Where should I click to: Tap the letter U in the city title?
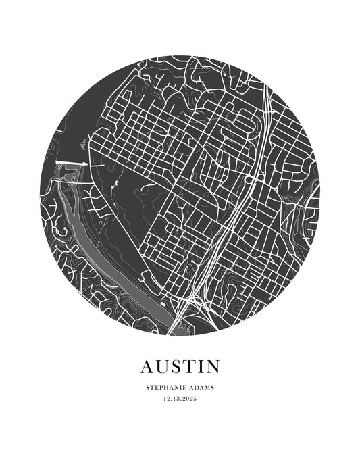(x=163, y=367)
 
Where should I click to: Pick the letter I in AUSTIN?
(x=203, y=367)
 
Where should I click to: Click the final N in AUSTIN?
(x=213, y=367)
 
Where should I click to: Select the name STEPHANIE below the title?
(x=166, y=388)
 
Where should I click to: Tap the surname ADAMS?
(x=201, y=388)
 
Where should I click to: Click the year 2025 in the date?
(x=190, y=399)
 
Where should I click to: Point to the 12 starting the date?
(x=166, y=399)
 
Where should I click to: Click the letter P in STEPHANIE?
(x=161, y=388)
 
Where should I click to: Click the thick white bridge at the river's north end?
(x=72, y=164)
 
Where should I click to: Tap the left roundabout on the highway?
(x=249, y=179)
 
